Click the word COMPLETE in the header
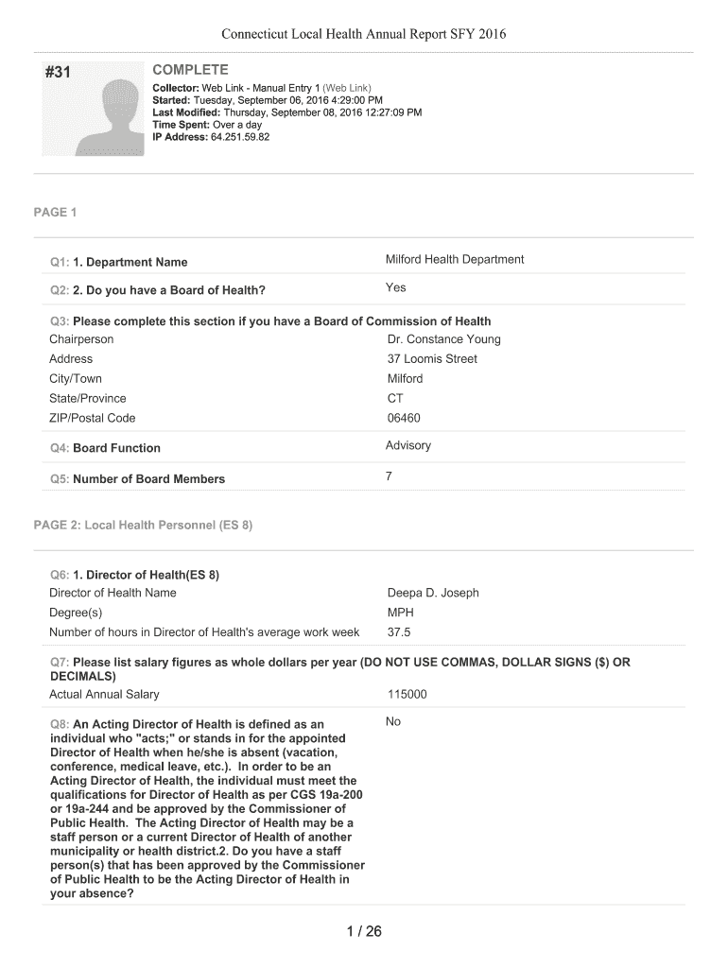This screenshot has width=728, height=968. point(190,70)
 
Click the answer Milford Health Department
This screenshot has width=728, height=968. point(454,260)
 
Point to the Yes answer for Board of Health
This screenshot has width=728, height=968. point(395,288)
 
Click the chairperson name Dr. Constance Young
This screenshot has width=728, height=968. point(443,339)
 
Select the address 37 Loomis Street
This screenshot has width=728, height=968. point(432,359)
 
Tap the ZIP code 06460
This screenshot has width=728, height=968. point(404,418)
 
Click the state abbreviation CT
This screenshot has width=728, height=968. point(395,398)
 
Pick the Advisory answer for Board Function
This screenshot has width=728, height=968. point(407,446)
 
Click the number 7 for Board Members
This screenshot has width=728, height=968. point(389,476)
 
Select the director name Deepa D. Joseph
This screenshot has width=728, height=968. point(433,593)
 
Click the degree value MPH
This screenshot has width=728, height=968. point(400,613)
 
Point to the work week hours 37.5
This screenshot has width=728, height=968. point(399,632)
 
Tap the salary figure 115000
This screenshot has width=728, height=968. point(407,694)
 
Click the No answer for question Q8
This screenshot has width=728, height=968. point(393,722)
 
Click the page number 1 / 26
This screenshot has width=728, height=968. point(363,932)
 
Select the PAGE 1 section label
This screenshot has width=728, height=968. point(55,213)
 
